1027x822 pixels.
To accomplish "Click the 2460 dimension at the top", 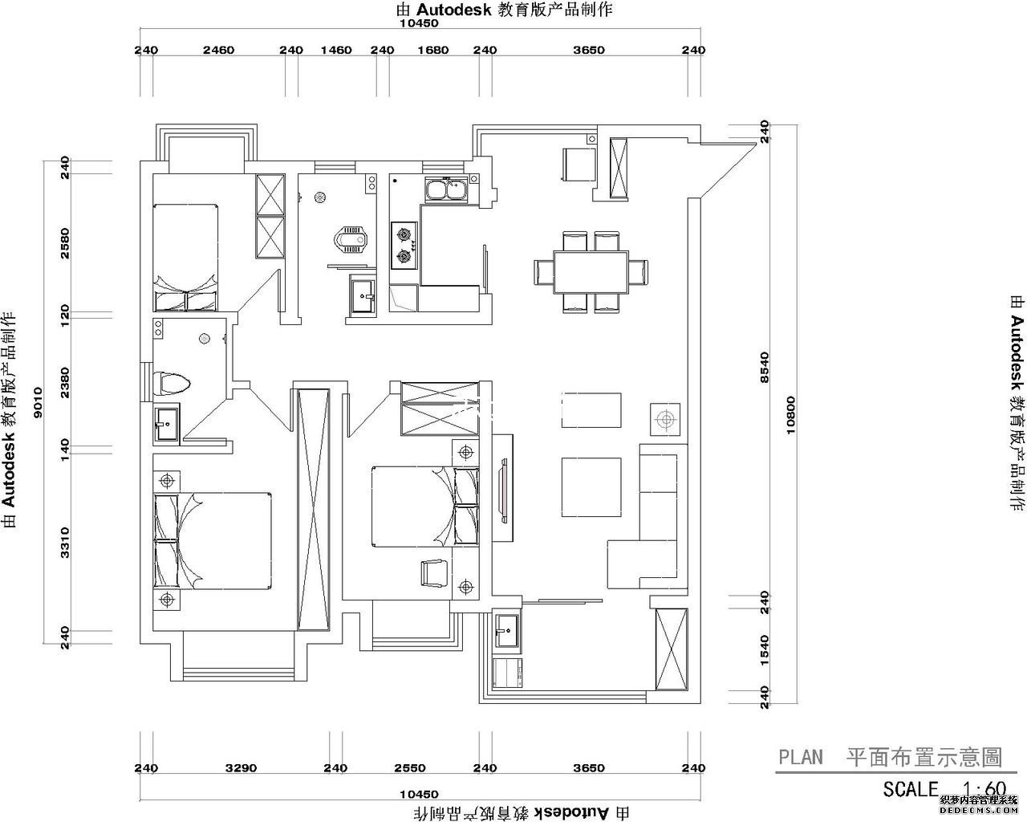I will (218, 50).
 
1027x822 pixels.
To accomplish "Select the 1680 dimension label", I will (433, 50).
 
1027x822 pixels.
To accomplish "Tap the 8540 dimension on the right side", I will (764, 368).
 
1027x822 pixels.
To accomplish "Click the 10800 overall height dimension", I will (791, 416).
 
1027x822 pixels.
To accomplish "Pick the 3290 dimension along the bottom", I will (241, 768).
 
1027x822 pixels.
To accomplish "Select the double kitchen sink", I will (447, 191).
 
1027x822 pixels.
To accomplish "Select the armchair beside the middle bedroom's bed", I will (434, 573).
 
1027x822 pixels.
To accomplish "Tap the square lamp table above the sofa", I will (664, 419).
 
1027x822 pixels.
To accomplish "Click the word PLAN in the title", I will (801, 757).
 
